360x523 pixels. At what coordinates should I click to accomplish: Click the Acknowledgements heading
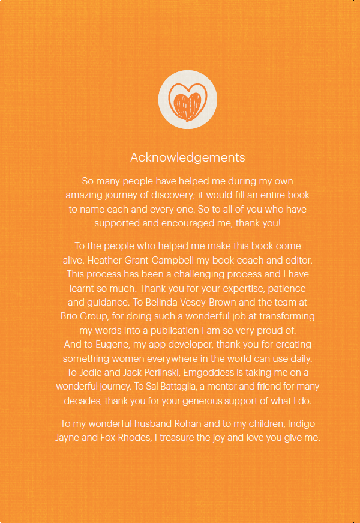(188, 157)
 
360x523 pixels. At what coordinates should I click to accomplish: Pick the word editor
(298, 260)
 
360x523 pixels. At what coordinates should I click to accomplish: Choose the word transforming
(285, 316)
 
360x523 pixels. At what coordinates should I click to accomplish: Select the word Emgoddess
(213, 372)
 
